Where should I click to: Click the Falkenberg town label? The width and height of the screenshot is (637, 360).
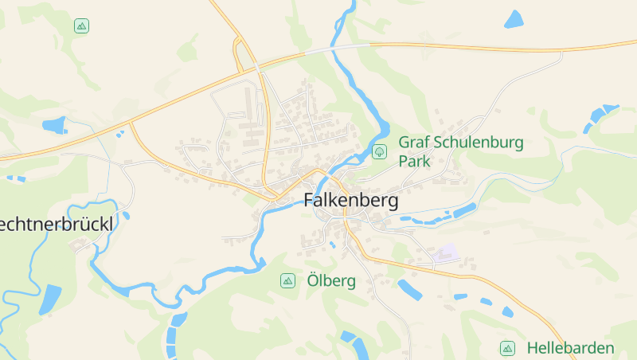click(350, 201)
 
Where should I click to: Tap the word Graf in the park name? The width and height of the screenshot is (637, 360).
click(413, 143)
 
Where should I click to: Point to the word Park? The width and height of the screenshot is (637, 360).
click(414, 161)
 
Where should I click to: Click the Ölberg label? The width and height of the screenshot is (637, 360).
click(330, 281)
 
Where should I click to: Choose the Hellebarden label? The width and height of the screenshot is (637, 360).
click(570, 348)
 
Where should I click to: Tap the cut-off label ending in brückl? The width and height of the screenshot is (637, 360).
click(56, 225)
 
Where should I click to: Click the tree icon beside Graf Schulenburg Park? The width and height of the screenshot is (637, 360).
click(380, 151)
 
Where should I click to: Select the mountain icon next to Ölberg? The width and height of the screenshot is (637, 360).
click(287, 281)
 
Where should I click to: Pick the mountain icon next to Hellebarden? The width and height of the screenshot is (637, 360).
click(506, 348)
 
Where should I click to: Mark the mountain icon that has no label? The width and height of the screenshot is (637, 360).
click(81, 26)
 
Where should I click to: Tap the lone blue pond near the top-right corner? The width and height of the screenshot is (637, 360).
click(514, 19)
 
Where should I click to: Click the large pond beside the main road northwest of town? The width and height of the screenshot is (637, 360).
click(55, 125)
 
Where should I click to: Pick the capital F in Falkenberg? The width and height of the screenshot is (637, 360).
click(310, 201)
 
